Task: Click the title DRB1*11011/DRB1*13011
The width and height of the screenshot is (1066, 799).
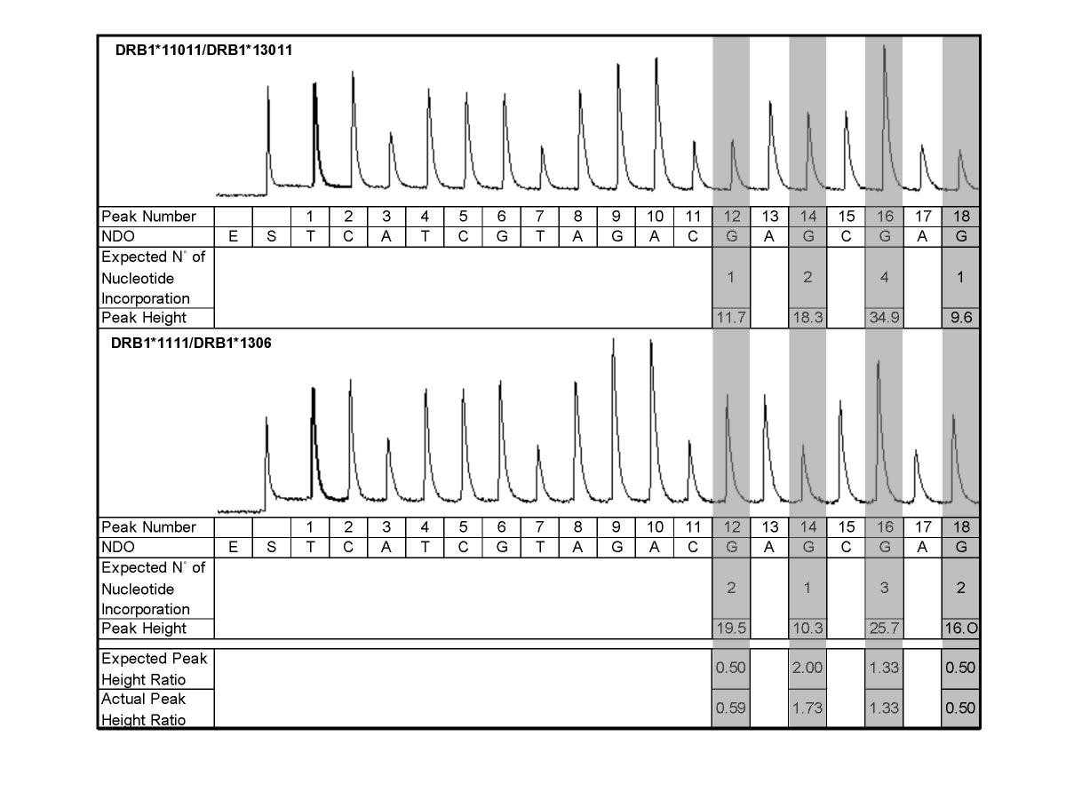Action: [x=203, y=51]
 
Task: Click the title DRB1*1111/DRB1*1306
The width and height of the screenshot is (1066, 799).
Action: [x=191, y=344]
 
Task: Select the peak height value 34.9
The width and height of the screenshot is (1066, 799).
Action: [x=884, y=317]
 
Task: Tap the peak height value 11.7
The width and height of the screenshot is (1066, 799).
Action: [x=730, y=317]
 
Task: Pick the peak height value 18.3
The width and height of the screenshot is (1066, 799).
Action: [x=807, y=317]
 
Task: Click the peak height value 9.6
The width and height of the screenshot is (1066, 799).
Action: [x=961, y=317]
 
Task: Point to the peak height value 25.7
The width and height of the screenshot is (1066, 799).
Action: [x=884, y=628]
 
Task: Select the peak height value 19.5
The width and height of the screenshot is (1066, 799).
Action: [x=730, y=628]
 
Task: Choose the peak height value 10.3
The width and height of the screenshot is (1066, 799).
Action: [x=807, y=628]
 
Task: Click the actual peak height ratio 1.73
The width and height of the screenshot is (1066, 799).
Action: [x=807, y=708]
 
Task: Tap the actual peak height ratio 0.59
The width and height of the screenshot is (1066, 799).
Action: [x=730, y=708]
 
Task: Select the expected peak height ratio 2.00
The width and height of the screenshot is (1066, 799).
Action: [x=807, y=668]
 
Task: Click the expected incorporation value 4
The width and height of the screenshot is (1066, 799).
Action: [x=884, y=277]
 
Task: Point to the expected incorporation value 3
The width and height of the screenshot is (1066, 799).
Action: [x=884, y=588]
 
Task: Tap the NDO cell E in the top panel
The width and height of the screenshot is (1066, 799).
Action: [x=234, y=236]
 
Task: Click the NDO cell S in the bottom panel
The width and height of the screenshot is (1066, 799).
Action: [x=272, y=547]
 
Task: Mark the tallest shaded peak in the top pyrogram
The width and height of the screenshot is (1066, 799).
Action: [x=884, y=49]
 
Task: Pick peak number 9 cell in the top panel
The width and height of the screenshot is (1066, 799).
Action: [x=617, y=216]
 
